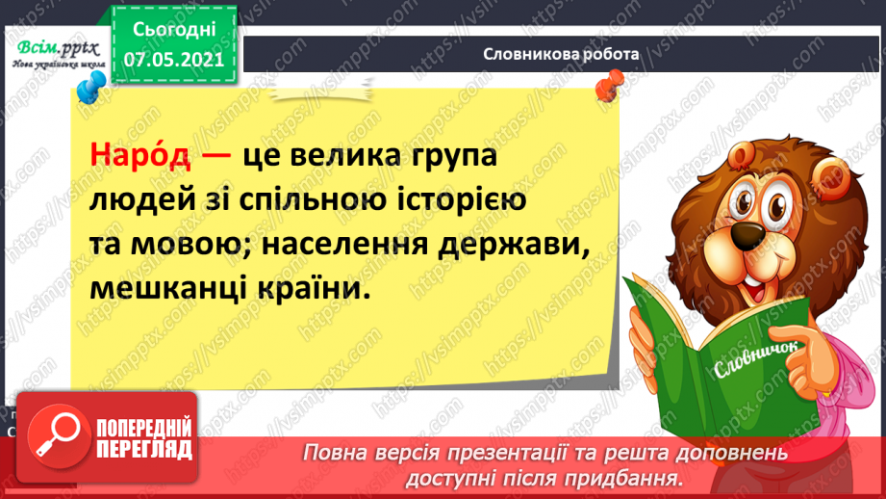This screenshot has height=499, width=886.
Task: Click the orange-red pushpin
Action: (x=606, y=91)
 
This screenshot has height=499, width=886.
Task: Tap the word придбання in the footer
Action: (x=636, y=477)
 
